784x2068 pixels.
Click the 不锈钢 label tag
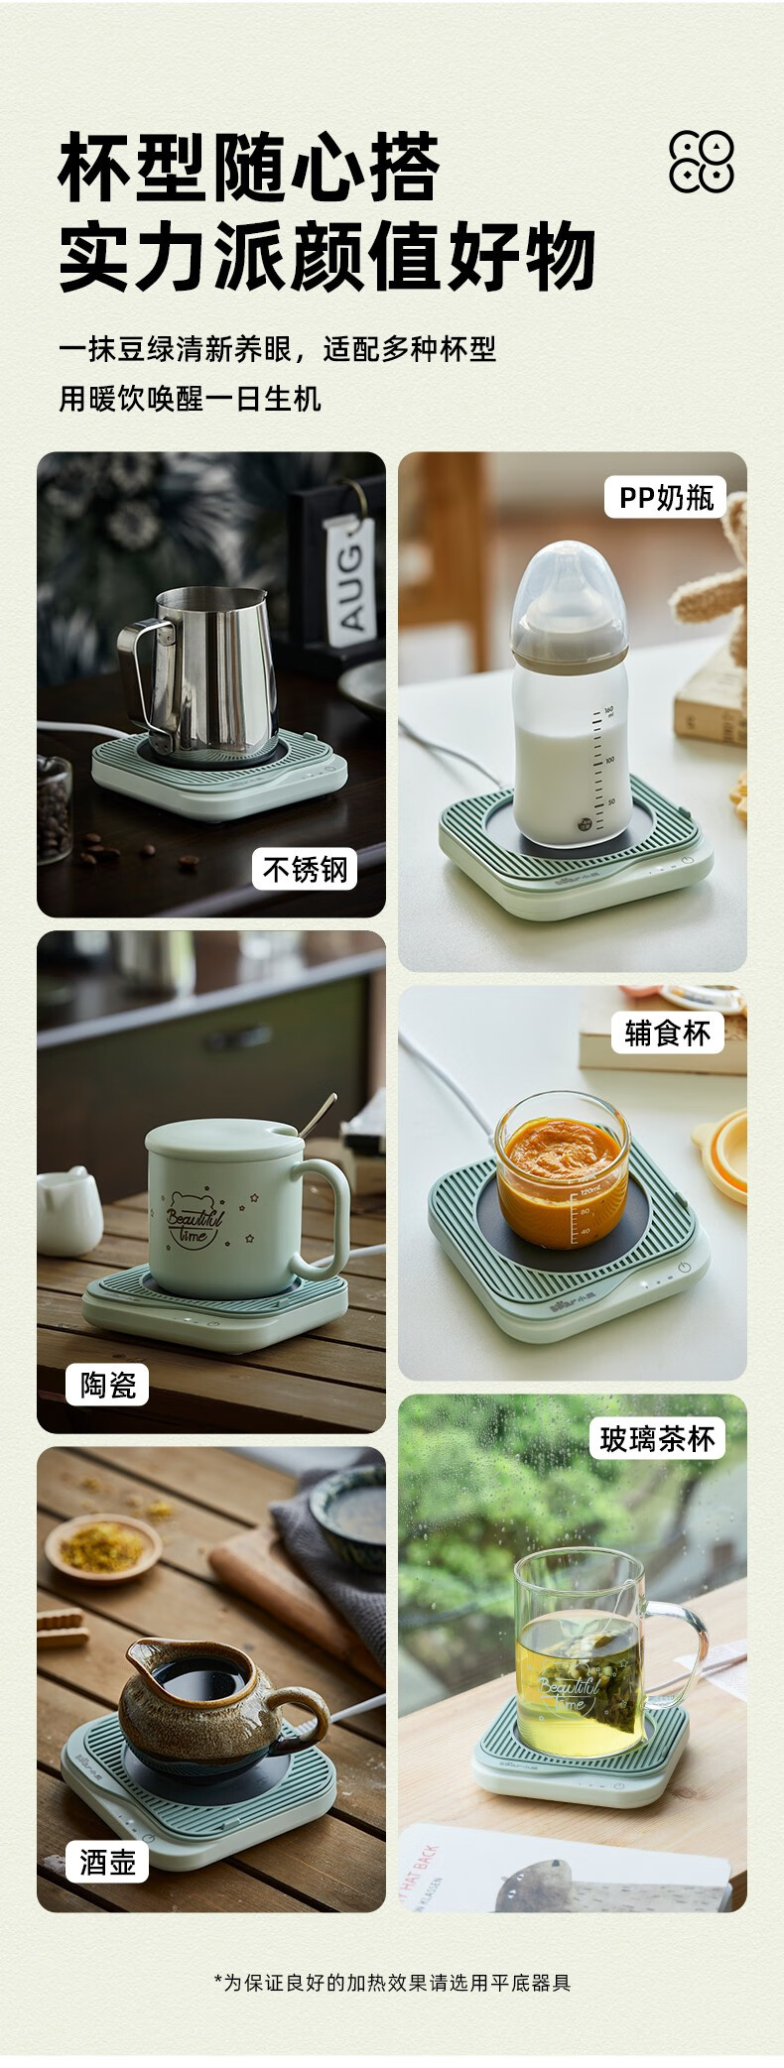(304, 869)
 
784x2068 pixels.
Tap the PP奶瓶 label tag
(666, 497)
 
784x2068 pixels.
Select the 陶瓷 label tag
(107, 1384)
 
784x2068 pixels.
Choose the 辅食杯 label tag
(667, 1033)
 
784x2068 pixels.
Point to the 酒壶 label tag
(107, 1862)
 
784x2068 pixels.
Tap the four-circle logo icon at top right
(702, 161)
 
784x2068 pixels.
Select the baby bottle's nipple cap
(569, 601)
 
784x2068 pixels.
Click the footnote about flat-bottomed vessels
(392, 1982)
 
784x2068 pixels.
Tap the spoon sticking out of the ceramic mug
(318, 1116)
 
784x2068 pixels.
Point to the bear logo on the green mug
(196, 1218)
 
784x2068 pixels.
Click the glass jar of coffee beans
(54, 809)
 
